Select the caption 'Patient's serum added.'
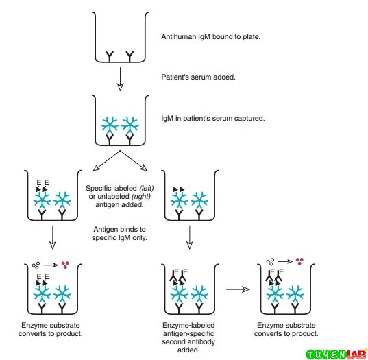tap(198, 77)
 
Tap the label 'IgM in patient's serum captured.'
tap(212, 118)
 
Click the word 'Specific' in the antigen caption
tap(99, 187)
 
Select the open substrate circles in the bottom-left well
tap(36, 263)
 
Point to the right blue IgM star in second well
tap(131, 125)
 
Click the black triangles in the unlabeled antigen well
tap(178, 188)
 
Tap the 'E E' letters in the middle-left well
tap(42, 183)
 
